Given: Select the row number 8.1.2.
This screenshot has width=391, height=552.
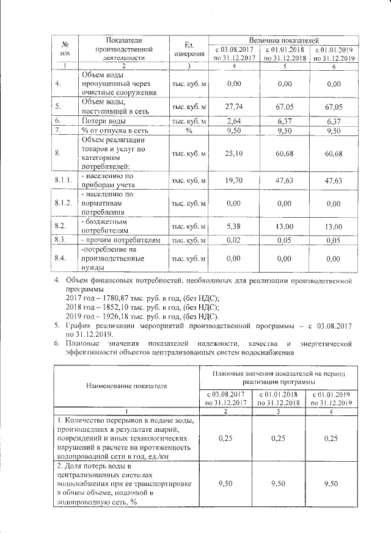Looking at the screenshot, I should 64,202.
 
